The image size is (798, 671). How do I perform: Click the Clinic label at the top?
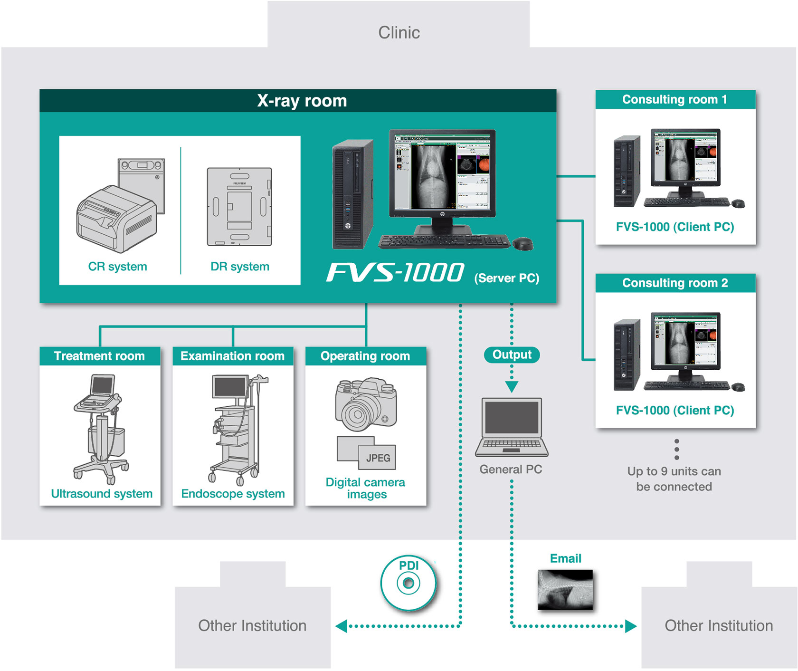(x=399, y=32)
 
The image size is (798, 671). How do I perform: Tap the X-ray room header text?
(x=302, y=101)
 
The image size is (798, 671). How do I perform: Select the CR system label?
(x=117, y=267)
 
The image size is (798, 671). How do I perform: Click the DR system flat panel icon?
(x=239, y=207)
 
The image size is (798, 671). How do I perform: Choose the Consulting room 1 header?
(x=674, y=99)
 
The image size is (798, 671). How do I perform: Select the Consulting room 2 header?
(x=674, y=283)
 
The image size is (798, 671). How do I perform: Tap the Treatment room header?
(x=99, y=356)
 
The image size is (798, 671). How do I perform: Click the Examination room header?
(x=232, y=356)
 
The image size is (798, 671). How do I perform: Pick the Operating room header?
(x=365, y=356)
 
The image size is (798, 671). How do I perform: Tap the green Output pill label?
(x=512, y=355)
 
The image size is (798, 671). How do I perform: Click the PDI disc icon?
(x=408, y=583)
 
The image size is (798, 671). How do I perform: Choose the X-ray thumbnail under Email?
(x=565, y=590)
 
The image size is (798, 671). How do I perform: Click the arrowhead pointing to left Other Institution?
(x=341, y=626)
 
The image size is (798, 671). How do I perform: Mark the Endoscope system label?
(x=233, y=494)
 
